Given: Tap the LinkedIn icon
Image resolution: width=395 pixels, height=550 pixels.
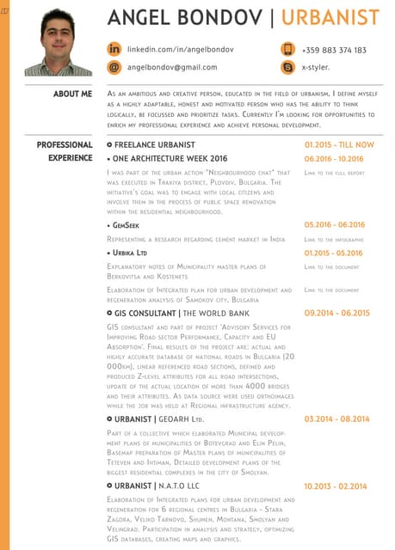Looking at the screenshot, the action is (x=114, y=50).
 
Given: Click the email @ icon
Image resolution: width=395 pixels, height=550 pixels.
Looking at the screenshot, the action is (x=114, y=66).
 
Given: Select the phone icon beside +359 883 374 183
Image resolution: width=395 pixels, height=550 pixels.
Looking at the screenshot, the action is (x=287, y=50).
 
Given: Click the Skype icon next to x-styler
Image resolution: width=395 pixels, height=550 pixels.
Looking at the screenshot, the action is (x=287, y=66).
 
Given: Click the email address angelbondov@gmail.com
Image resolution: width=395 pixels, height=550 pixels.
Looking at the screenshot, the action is (x=172, y=67).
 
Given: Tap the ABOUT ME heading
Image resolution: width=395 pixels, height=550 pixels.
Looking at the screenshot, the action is (x=72, y=94).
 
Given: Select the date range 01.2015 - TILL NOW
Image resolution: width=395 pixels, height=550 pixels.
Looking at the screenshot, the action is (x=339, y=145).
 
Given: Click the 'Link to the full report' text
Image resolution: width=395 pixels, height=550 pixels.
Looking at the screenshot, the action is (x=335, y=172).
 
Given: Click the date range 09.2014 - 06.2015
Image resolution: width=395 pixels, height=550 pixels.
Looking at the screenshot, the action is (x=336, y=314).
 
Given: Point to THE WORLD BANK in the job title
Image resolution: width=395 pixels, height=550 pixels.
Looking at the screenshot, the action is (x=216, y=315).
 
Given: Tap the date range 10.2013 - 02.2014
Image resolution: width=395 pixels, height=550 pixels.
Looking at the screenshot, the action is (x=336, y=486).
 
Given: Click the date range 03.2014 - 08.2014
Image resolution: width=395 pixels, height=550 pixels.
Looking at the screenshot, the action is (x=336, y=419).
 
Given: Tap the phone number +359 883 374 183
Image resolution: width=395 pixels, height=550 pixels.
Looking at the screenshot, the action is (x=334, y=51).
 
